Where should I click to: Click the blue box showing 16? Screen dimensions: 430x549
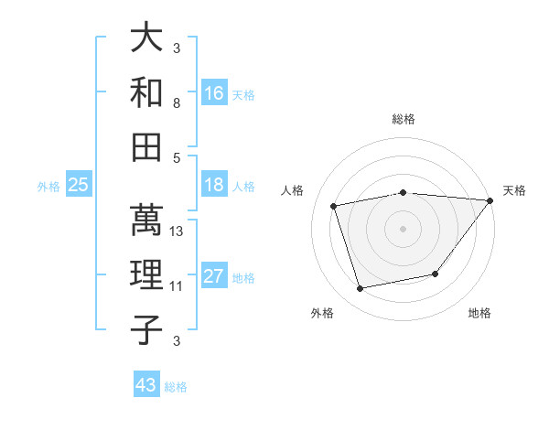tap(214, 92)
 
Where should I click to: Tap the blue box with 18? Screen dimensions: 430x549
tap(214, 185)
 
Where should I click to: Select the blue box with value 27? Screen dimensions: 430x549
tap(214, 276)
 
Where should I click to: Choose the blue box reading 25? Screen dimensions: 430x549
tap(79, 185)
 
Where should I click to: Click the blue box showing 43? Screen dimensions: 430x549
tap(146, 385)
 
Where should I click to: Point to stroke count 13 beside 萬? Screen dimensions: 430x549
tap(178, 231)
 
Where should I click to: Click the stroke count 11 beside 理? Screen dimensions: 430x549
tap(178, 286)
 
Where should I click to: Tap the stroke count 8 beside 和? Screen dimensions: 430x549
tap(177, 103)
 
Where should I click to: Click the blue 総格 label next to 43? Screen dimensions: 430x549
tap(177, 387)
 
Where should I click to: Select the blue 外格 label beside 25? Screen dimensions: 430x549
tap(48, 187)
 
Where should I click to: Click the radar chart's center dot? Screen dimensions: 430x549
tap(403, 228)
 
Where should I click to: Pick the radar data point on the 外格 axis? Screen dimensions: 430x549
tap(361, 289)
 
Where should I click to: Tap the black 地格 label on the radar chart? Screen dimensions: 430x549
tap(479, 314)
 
